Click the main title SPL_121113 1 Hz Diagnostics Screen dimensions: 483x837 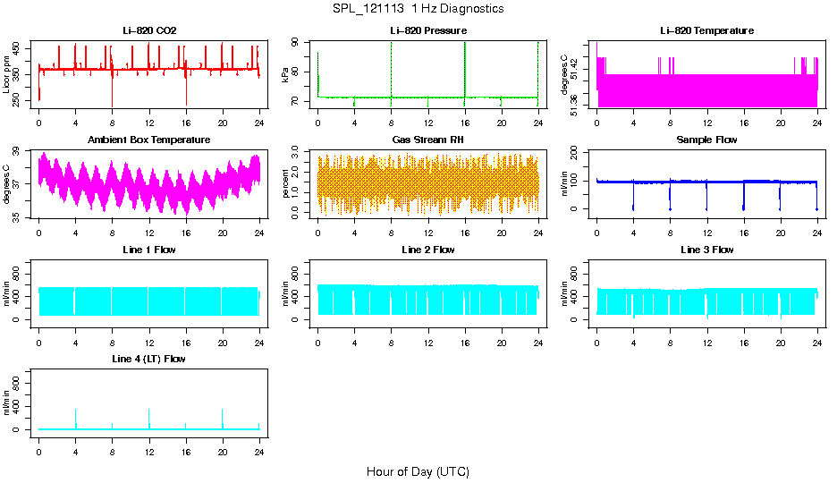click(x=418, y=9)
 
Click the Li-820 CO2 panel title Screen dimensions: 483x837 click(x=149, y=31)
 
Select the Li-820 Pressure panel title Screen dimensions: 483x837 click(x=427, y=31)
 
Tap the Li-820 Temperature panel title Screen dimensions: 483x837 click(x=706, y=31)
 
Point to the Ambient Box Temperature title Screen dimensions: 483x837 click(x=149, y=140)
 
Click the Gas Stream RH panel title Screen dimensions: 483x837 click(x=427, y=140)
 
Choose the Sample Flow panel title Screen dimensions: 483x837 click(x=706, y=140)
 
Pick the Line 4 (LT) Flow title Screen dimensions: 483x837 click(x=149, y=359)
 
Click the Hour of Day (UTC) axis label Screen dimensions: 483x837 click(x=418, y=471)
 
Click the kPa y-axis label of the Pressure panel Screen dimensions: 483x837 click(x=286, y=76)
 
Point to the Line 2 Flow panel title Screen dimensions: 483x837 click(x=427, y=250)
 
